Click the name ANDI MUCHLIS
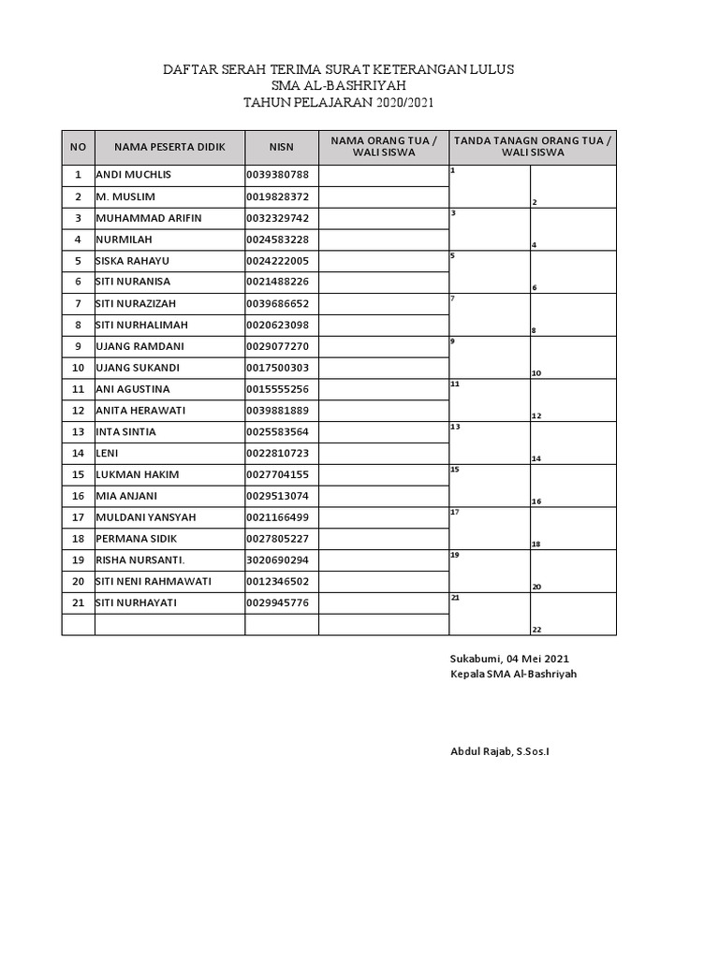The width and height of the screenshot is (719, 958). pos(134,175)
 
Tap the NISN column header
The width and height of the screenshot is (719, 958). pos(282,147)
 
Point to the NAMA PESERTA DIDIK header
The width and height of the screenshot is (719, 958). pos(169,147)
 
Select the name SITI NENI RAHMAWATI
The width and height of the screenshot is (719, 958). pos(154,581)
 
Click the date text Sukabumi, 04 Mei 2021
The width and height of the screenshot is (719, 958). pos(508,658)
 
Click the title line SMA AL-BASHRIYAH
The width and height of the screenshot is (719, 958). pos(338,86)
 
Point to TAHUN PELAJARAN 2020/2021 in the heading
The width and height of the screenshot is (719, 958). pos(338,103)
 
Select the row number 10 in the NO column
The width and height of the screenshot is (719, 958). pos(78,368)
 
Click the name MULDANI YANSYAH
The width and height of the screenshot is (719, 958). pos(141,517)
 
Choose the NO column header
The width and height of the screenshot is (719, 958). pos(78,147)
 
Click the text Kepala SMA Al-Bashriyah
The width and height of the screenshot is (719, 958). pos(514,674)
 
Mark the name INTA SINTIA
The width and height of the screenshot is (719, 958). pos(126,432)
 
